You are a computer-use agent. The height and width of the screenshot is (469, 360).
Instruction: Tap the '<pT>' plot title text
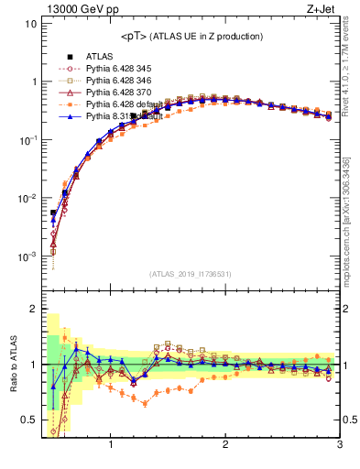coord(191,36)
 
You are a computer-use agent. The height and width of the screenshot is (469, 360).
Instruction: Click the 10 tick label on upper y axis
coord(30,23)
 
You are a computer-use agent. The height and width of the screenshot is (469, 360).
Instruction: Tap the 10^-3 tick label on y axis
coord(27,256)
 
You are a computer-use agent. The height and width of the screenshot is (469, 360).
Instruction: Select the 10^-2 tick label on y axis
coord(27,198)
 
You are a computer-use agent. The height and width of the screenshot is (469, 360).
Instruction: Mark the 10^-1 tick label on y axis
coord(27,140)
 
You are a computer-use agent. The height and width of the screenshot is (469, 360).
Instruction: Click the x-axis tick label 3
coord(339,445)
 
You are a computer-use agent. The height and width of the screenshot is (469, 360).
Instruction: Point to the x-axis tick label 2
coord(225,445)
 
